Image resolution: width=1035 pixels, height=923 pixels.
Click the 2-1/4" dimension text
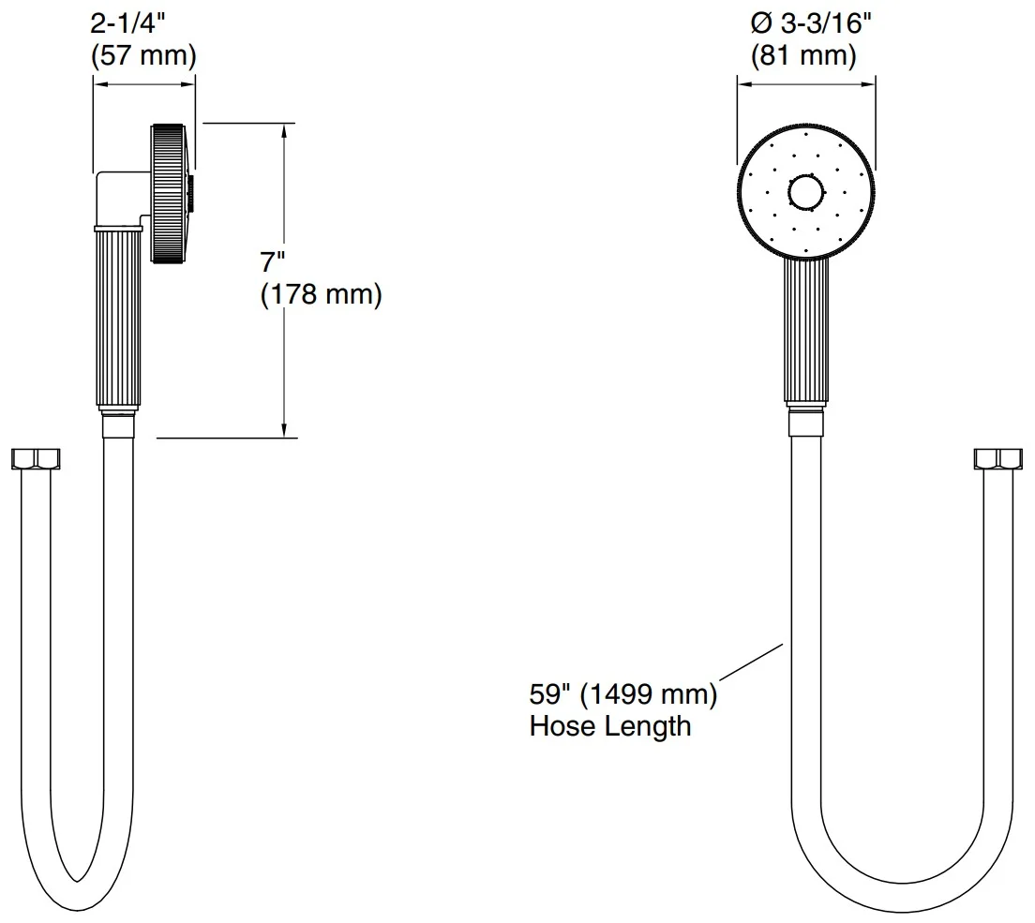[127, 23]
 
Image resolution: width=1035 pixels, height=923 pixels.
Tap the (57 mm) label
[143, 55]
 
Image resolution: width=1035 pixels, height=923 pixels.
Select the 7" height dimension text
[272, 262]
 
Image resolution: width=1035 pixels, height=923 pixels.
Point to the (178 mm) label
[322, 294]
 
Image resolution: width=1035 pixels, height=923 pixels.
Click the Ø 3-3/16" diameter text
[811, 23]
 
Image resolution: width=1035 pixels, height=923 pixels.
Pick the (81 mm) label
[803, 55]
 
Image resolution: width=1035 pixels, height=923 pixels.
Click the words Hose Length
[610, 726]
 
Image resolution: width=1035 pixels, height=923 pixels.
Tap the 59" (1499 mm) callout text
[623, 694]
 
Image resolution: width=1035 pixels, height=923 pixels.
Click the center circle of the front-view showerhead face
[806, 193]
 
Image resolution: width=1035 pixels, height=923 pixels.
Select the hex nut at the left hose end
[36, 459]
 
